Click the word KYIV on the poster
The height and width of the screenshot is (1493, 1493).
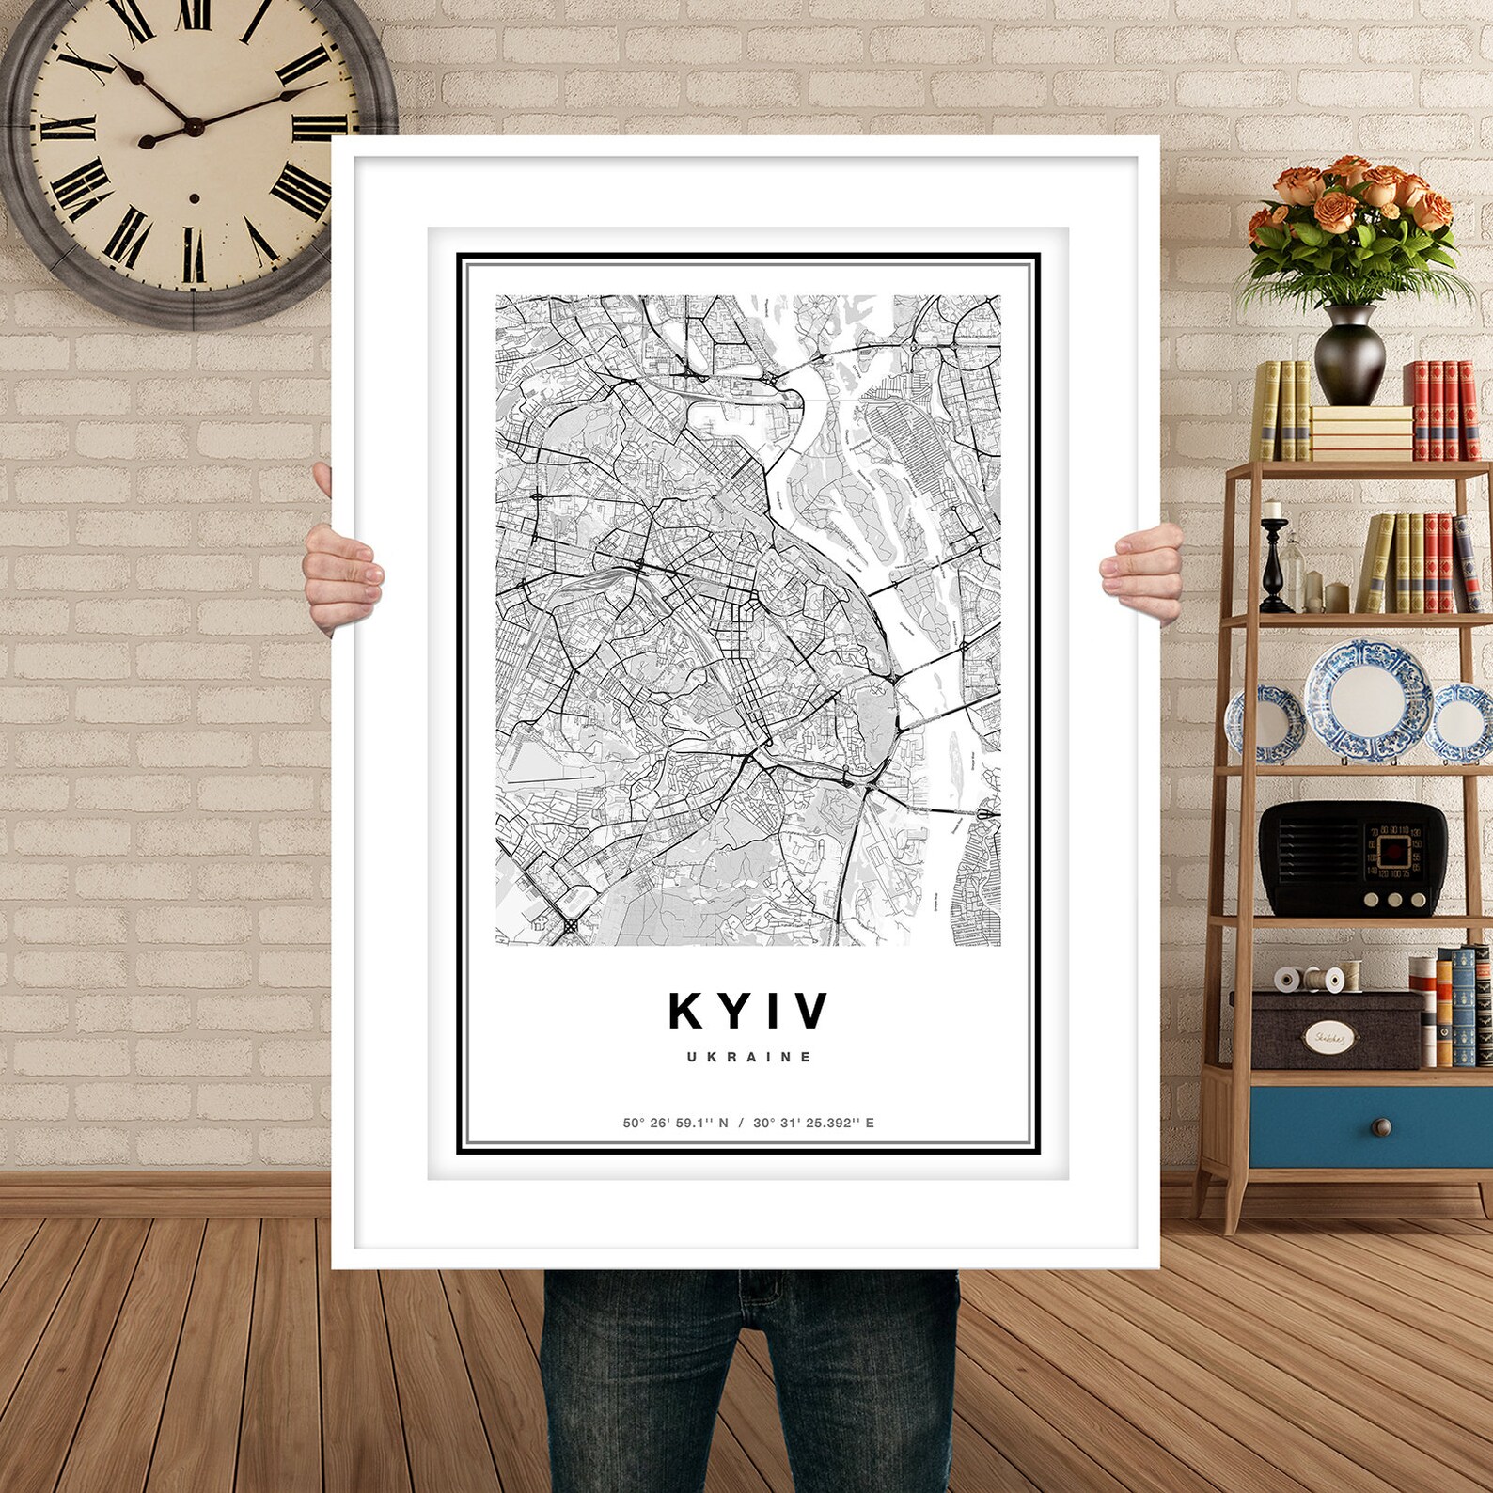[x=749, y=1011]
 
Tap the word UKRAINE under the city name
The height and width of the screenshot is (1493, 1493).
[x=749, y=1057]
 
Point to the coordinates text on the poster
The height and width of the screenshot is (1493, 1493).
[x=748, y=1123]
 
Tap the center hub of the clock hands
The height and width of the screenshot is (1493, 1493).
[x=192, y=126]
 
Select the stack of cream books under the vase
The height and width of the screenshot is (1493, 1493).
[x=1360, y=432]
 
